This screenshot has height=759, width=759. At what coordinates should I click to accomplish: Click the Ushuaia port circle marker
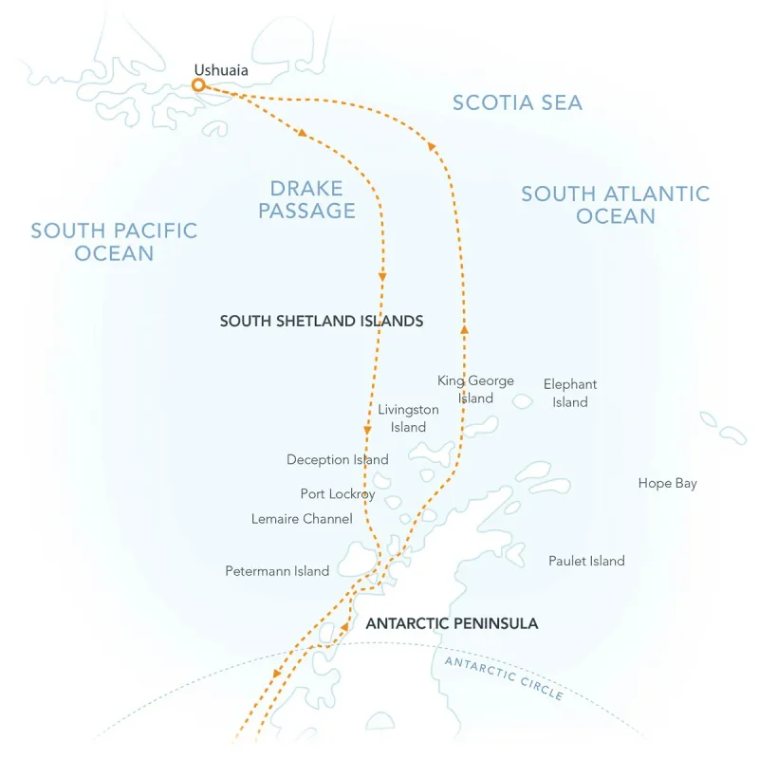click(198, 85)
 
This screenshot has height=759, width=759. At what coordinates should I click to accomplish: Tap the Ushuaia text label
click(221, 69)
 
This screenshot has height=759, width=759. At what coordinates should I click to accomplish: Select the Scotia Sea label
click(517, 102)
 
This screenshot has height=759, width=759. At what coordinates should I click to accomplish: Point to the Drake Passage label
click(313, 199)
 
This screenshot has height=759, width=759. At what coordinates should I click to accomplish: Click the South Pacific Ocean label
click(114, 241)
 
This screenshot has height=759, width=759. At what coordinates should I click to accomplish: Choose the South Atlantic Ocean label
click(615, 205)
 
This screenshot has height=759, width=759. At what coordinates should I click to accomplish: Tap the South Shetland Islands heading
click(322, 322)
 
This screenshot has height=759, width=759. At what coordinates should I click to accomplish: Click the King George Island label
click(475, 389)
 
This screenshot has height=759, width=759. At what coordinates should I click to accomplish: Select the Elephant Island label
click(570, 393)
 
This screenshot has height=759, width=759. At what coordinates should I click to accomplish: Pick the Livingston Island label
click(408, 418)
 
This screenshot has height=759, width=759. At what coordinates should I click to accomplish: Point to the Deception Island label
click(337, 460)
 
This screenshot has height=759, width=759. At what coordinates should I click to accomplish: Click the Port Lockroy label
click(338, 494)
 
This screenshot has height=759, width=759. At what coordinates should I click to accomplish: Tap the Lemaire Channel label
click(302, 519)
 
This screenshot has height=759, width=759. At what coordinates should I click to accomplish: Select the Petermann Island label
click(277, 571)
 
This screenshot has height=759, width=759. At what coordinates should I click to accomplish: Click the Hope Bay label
click(667, 484)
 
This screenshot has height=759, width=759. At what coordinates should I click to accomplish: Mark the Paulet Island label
click(586, 561)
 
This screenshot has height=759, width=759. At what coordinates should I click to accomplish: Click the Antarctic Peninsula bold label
click(452, 623)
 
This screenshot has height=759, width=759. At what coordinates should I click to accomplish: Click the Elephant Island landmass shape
click(523, 401)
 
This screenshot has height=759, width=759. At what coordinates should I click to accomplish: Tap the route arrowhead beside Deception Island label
click(367, 431)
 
